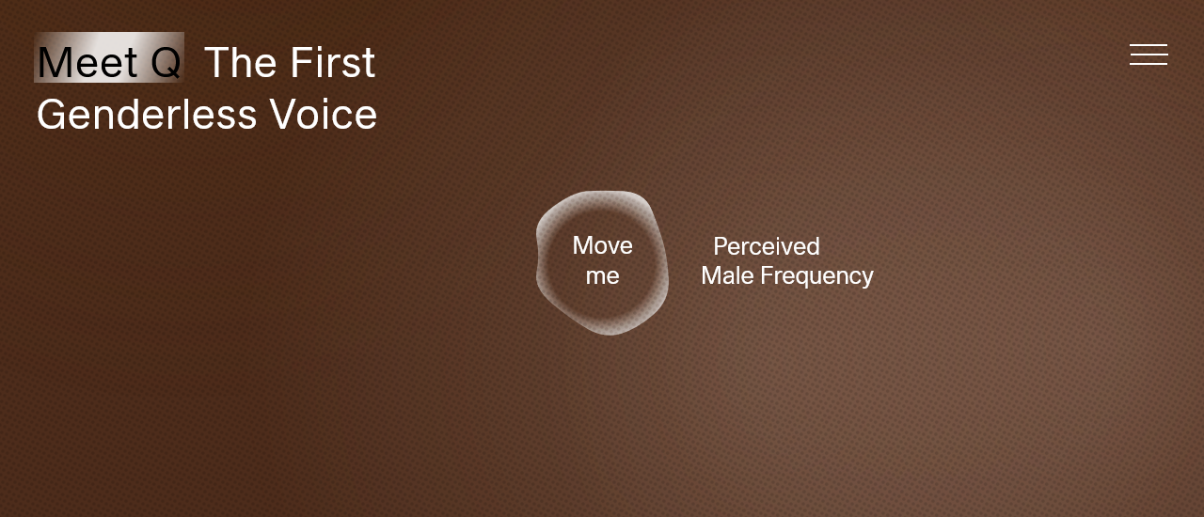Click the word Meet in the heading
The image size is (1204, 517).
pyautogui.click(x=87, y=62)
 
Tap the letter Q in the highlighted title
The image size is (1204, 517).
pyautogui.click(x=166, y=63)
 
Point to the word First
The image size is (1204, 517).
pyautogui.click(x=333, y=62)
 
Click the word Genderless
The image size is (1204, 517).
pyautogui.click(x=147, y=114)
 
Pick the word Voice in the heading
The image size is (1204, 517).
pyautogui.click(x=323, y=114)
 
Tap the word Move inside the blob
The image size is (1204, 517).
pyautogui.click(x=603, y=245)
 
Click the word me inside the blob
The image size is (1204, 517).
pyautogui.click(x=603, y=276)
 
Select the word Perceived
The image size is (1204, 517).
pyautogui.click(x=767, y=246)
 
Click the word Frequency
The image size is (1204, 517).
pyautogui.click(x=817, y=276)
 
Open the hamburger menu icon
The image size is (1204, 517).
pyautogui.click(x=1149, y=55)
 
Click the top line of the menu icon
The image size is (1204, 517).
pyautogui.click(x=1149, y=44)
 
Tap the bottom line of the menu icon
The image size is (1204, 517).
pyautogui.click(x=1149, y=65)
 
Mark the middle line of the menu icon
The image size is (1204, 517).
pyautogui.click(x=1149, y=55)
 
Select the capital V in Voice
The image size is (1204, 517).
pyautogui.click(x=283, y=114)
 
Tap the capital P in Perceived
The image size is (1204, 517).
pyautogui.click(x=721, y=246)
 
